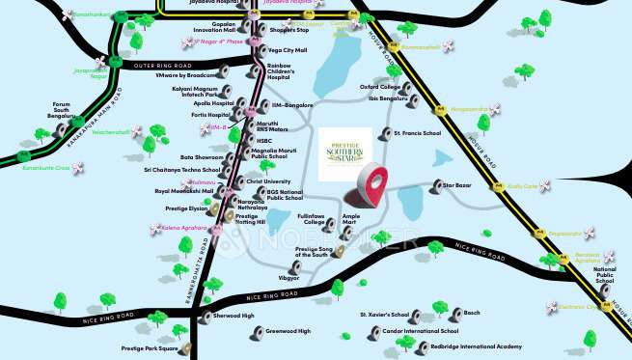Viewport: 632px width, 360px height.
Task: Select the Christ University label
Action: pyautogui.click(x=268, y=180)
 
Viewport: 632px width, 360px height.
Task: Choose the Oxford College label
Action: pyautogui.click(x=380, y=87)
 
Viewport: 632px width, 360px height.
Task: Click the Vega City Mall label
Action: pyautogui.click(x=287, y=50)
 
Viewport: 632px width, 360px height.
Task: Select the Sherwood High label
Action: pyautogui.click(x=234, y=316)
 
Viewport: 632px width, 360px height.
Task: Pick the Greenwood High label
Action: pyautogui.click(x=289, y=331)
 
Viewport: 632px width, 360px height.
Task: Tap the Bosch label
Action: pyautogui.click(x=472, y=313)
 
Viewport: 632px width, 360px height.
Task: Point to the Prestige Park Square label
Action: pyautogui.click(x=149, y=347)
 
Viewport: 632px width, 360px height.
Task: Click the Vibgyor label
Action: pyautogui.click(x=289, y=277)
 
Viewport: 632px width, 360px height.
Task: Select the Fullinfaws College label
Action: pyautogui.click(x=311, y=218)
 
